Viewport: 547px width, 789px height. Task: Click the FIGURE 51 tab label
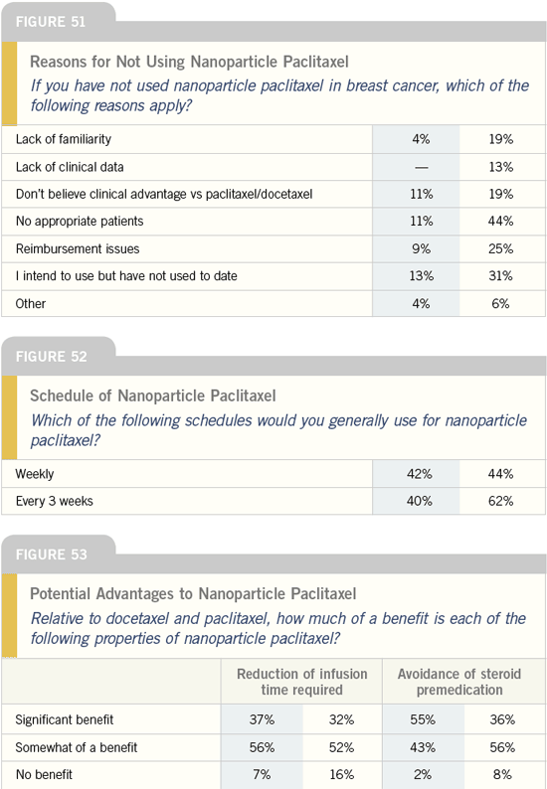[51, 22]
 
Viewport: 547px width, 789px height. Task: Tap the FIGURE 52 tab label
[51, 357]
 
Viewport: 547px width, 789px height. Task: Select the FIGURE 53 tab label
[51, 554]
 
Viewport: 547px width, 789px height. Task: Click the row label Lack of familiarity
[64, 139]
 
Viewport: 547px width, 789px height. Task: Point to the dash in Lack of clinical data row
[421, 168]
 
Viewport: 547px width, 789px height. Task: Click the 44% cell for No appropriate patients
[500, 222]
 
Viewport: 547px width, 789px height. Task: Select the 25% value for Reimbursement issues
[500, 249]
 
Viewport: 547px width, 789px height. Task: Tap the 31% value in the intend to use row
[500, 276]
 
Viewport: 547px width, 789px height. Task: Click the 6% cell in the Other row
[500, 304]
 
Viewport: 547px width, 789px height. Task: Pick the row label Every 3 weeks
[55, 501]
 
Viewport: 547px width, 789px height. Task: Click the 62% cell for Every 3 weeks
[500, 501]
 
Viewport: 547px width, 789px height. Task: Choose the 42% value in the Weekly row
[420, 474]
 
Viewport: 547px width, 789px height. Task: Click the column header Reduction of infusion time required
[301, 682]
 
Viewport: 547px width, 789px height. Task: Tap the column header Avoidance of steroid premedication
[459, 682]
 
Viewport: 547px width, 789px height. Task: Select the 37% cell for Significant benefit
[262, 720]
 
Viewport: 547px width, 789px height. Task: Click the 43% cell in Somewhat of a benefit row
[422, 747]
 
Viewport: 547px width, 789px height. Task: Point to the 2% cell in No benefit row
[422, 775]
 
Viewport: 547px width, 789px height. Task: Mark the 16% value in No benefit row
[342, 775]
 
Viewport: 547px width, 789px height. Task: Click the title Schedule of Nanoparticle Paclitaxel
[152, 396]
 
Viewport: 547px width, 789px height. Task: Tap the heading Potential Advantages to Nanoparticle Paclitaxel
[193, 594]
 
